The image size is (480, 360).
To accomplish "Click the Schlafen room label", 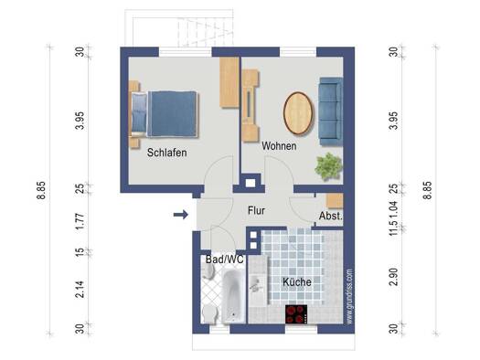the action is (x=166, y=153).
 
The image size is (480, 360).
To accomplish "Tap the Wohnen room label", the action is (x=279, y=146).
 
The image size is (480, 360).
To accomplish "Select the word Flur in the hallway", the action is (x=256, y=210).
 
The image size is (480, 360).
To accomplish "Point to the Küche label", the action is (x=297, y=281).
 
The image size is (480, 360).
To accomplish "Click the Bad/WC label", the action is (x=225, y=259).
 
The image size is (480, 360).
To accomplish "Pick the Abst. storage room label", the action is (x=330, y=216).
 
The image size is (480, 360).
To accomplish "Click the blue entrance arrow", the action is (x=181, y=215).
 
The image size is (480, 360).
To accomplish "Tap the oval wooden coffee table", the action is (x=298, y=113).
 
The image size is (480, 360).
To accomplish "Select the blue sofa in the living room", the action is (x=331, y=111).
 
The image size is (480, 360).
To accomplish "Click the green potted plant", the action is (x=328, y=167).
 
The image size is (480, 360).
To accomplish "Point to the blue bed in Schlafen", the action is (x=165, y=114).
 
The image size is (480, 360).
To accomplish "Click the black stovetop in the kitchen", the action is (x=296, y=313).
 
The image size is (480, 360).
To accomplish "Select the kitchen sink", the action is (x=256, y=284).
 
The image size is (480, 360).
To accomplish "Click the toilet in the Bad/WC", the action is (x=209, y=313).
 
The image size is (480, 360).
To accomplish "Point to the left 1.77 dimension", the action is (x=80, y=222).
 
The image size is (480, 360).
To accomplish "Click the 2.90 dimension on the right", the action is (x=394, y=277).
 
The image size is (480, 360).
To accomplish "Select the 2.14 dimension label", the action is (x=80, y=289).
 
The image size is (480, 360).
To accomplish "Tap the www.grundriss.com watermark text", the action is (x=349, y=297).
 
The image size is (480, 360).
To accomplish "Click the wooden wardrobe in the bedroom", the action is (x=229, y=82).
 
